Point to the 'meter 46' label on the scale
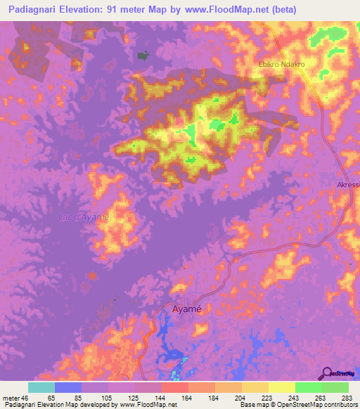[x=15, y=398]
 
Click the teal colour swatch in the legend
[x=41, y=387]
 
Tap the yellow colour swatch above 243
[x=281, y=387]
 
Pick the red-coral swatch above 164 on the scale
[x=174, y=387]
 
